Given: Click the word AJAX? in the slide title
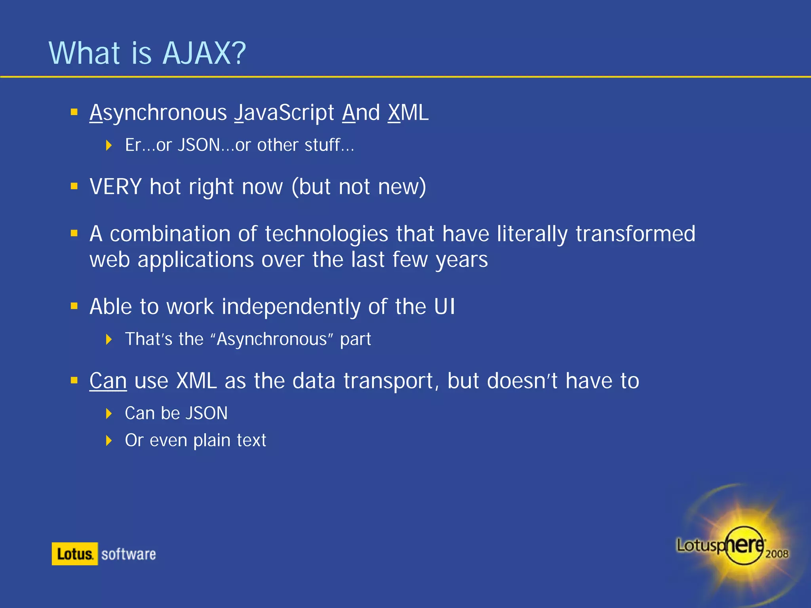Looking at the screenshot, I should pos(204,53).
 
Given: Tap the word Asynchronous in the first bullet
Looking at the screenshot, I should pos(158,113).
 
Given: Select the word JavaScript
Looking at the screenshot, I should pos(284,113).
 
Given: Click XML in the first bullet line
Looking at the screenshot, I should pos(408,113).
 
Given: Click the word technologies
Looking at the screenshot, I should pos(326,234).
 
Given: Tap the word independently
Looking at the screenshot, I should pos(291,307).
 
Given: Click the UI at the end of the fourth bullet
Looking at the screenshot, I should pos(444,307).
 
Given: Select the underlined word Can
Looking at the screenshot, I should pos(108,381).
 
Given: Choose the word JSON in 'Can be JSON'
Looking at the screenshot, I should pos(207,413).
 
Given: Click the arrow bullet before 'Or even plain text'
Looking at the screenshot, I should pos(109,440).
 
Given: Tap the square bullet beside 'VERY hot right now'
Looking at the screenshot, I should pos(74,186).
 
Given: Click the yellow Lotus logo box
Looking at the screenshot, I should pos(74,554).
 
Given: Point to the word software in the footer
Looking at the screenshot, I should pos(129,554).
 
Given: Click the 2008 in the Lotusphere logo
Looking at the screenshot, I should pos(777,553).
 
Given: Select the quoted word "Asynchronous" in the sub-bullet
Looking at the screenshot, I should pos(272,339).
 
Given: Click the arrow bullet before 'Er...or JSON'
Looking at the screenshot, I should pos(109,145).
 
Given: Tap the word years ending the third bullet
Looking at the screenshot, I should pos(462,260).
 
